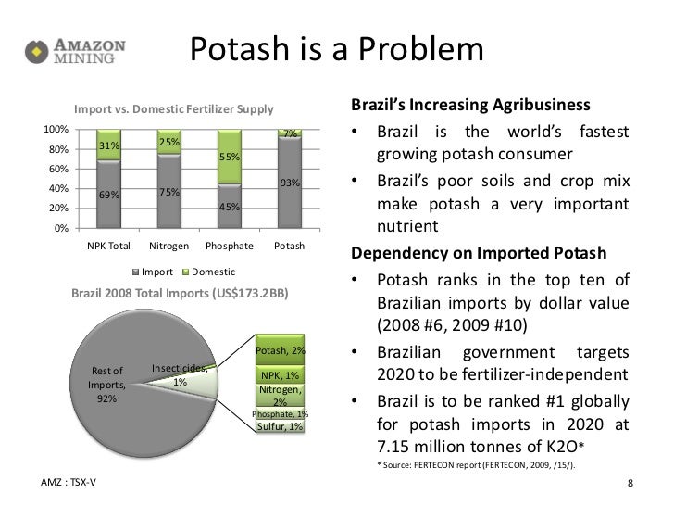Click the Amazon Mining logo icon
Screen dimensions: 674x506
pyautogui.click(x=37, y=52)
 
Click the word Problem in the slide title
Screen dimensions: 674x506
pyautogui.click(x=421, y=49)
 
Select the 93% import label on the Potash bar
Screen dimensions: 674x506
pyautogui.click(x=290, y=183)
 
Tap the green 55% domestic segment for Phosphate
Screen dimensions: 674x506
pyautogui.click(x=230, y=157)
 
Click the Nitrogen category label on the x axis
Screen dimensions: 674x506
pyautogui.click(x=168, y=246)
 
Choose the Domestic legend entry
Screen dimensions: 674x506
pyautogui.click(x=209, y=272)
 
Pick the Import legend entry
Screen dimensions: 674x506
pyautogui.click(x=153, y=272)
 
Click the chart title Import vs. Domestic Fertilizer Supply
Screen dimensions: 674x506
pyautogui.click(x=174, y=108)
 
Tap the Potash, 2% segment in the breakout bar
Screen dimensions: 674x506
pyautogui.click(x=281, y=349)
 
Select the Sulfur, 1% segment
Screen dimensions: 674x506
pyautogui.click(x=281, y=426)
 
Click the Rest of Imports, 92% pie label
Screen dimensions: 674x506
pyautogui.click(x=106, y=385)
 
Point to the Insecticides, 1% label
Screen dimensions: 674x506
pyautogui.click(x=180, y=374)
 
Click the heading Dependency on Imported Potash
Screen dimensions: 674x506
pyautogui.click(x=479, y=253)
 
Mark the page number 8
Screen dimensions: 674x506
pyautogui.click(x=630, y=483)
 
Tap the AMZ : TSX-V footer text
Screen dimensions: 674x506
pyautogui.click(x=69, y=482)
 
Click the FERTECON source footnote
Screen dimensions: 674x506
pyautogui.click(x=476, y=465)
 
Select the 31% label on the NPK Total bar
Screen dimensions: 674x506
pyautogui.click(x=109, y=145)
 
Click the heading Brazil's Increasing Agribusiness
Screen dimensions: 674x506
pyautogui.click(x=470, y=105)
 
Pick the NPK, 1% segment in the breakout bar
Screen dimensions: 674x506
pyautogui.click(x=281, y=374)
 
